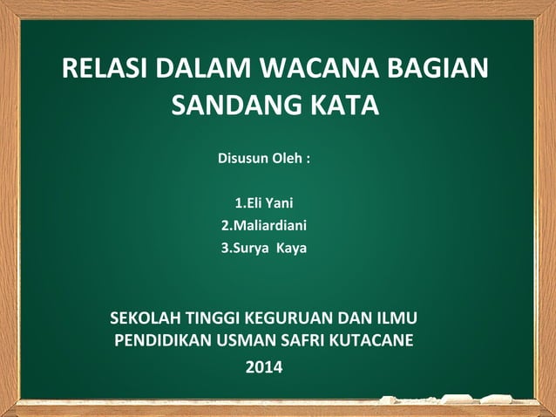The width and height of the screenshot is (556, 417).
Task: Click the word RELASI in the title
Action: (103, 69)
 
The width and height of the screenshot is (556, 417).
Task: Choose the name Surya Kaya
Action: (264, 248)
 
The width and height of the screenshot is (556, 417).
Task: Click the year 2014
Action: (264, 367)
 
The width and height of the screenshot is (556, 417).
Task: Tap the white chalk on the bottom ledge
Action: (462, 400)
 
